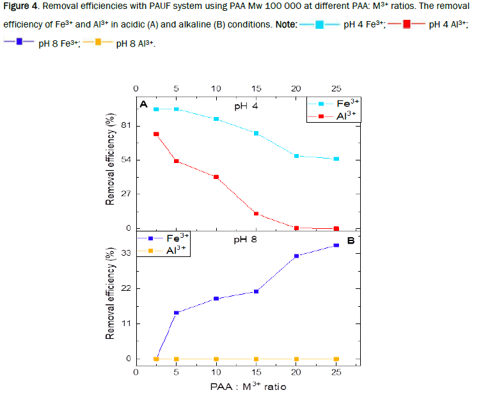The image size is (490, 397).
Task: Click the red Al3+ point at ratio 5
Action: pos(176,161)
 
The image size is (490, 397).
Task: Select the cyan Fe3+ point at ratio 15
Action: pos(257,133)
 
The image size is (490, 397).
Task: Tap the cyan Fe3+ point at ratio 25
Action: pos(336,159)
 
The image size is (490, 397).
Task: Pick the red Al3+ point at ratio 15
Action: pos(257,214)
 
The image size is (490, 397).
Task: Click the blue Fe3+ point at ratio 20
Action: pos(296,256)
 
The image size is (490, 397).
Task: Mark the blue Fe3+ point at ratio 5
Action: pos(176,313)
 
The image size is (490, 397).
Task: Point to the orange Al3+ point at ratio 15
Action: pos(257,359)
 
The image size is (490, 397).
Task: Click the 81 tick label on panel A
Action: pos(125,125)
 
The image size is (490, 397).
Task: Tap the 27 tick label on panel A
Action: pos(125,194)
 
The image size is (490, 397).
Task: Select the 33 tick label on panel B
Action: pos(125,253)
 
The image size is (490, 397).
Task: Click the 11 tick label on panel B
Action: pos(125,323)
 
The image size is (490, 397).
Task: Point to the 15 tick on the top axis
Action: pos(257,88)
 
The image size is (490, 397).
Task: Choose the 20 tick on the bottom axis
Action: pos(296,372)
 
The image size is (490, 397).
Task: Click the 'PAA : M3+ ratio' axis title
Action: pos(248,386)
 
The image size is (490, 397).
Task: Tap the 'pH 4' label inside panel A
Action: pos(246,106)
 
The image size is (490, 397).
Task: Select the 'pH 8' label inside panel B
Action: pos(246,240)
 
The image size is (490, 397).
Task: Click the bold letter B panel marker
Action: pos(351,241)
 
